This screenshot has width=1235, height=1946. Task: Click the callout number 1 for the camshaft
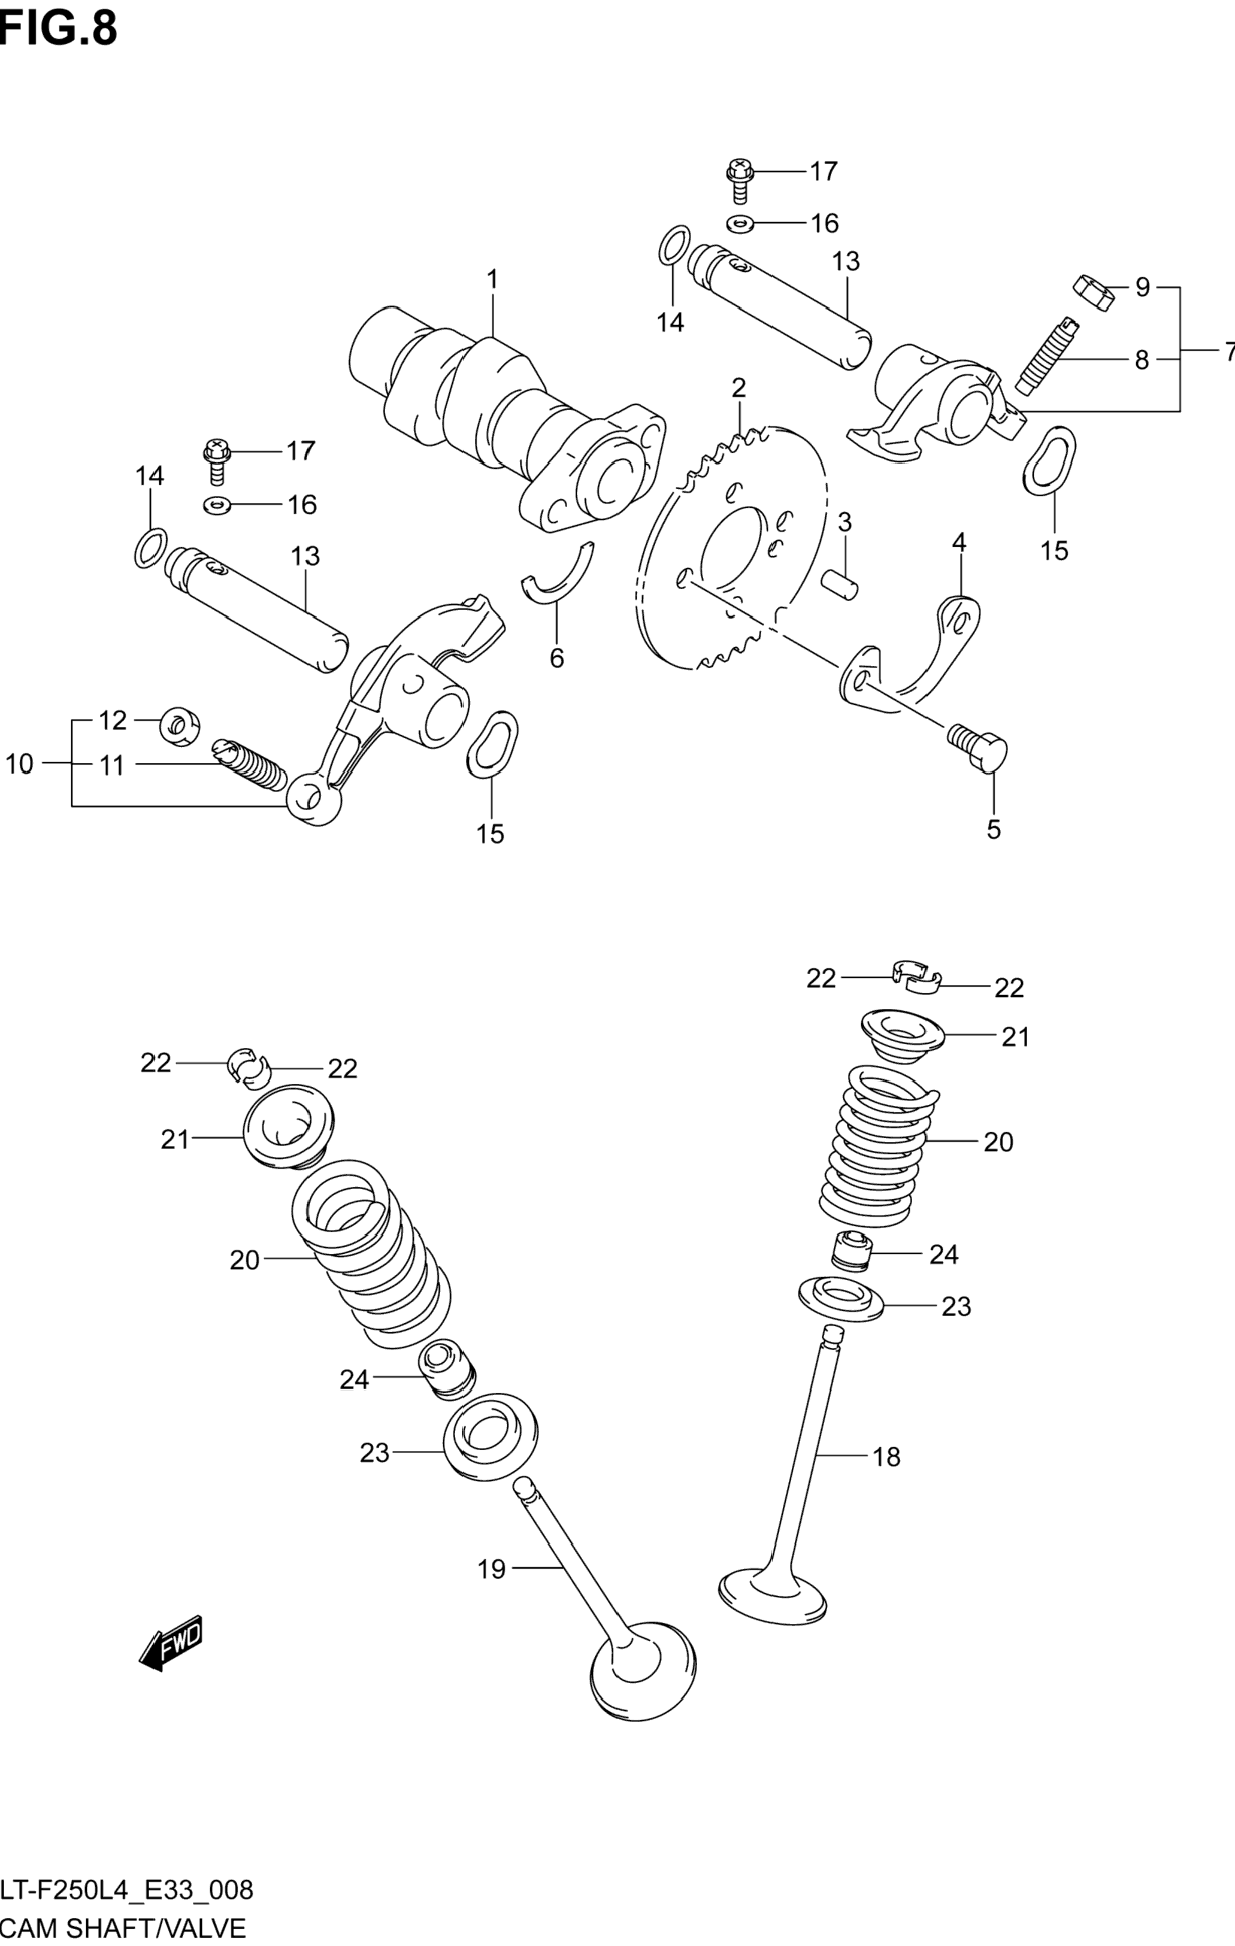point(492,280)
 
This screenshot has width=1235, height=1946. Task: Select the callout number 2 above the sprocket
point(738,389)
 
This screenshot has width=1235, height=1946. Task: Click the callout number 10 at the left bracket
point(19,763)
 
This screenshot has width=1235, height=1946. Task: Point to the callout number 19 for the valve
point(491,1569)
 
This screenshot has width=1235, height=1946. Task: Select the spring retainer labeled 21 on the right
point(900,1035)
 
